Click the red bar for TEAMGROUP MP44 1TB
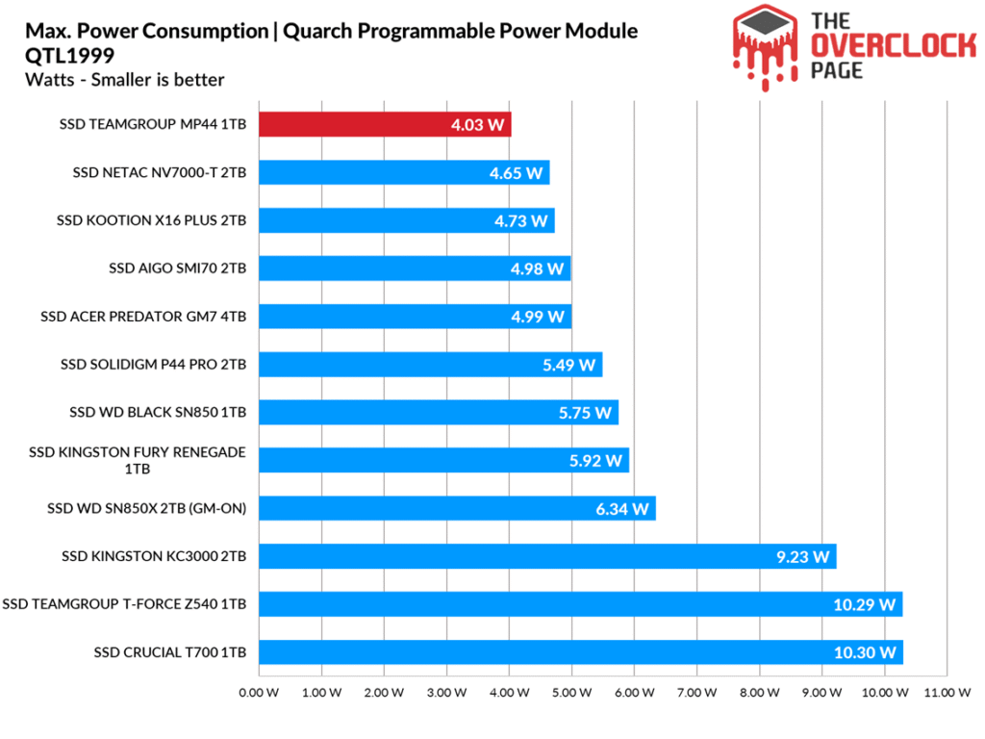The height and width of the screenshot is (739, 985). [x=384, y=125]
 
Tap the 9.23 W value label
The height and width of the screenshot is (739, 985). [x=802, y=556]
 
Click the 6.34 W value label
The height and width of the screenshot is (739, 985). [x=622, y=508]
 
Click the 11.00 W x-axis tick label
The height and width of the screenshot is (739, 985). [x=947, y=691]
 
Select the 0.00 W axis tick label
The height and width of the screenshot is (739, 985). [x=257, y=691]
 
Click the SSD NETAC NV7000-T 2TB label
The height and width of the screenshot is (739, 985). [x=160, y=173]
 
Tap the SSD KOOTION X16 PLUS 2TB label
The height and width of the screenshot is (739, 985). [x=152, y=220]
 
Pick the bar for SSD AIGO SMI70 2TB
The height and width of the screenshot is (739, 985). [x=415, y=268]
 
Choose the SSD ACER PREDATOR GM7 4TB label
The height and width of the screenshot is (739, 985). [x=143, y=316]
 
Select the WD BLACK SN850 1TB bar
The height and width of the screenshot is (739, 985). [x=439, y=412]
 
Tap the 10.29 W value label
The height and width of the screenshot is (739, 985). [x=865, y=604]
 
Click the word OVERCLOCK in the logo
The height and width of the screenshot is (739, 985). [x=888, y=44]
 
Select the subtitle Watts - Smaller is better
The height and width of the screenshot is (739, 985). [x=125, y=80]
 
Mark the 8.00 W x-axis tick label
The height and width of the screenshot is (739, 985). [x=759, y=691]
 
